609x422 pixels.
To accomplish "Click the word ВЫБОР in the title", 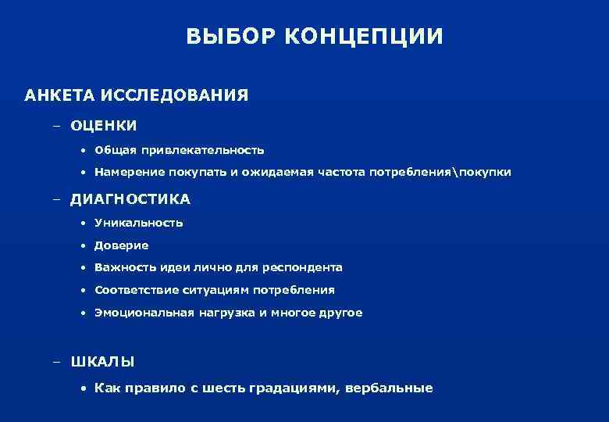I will pyautogui.click(x=226, y=38).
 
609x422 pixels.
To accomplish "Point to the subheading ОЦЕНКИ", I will pyautogui.click(x=104, y=125).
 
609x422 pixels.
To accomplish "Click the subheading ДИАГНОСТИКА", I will pyautogui.click(x=130, y=199).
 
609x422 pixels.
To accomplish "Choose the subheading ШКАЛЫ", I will pyautogui.click(x=102, y=361).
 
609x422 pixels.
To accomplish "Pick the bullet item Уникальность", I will pyautogui.click(x=139, y=223).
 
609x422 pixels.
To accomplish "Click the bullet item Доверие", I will pyautogui.click(x=122, y=245).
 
